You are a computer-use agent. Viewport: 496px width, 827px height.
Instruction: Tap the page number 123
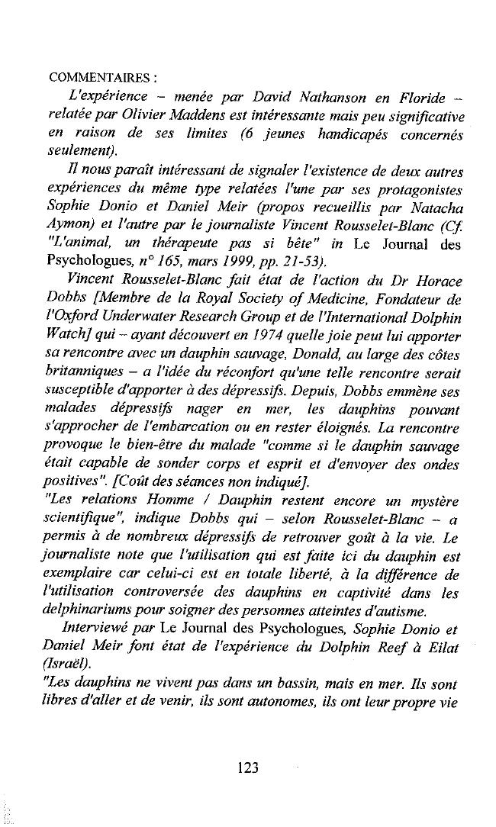point(248,767)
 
